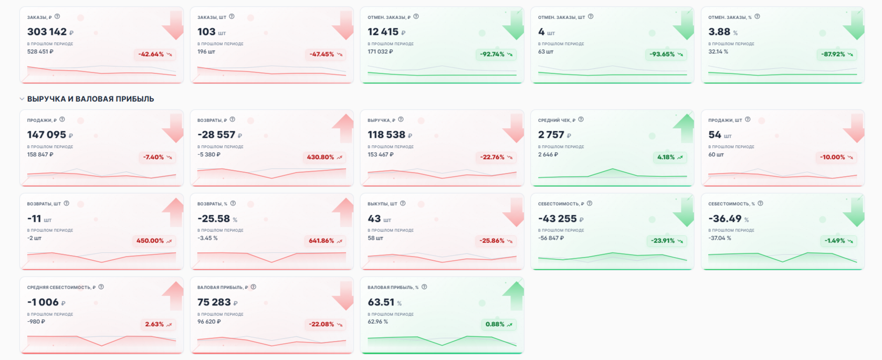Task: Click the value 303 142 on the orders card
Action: [47, 31]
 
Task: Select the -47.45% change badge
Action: [325, 54]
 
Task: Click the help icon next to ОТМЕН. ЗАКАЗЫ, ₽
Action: [416, 16]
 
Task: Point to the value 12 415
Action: [383, 31]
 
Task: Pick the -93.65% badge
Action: [666, 54]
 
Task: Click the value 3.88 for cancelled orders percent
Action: [719, 31]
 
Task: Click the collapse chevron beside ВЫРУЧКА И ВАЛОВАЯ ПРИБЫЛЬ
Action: [22, 99]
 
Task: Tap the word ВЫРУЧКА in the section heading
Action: [46, 99]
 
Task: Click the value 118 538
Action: [386, 134]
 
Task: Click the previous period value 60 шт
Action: [716, 155]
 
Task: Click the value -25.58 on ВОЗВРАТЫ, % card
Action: [214, 218]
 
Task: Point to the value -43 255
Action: [557, 218]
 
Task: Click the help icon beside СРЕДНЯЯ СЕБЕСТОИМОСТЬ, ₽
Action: [101, 287]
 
